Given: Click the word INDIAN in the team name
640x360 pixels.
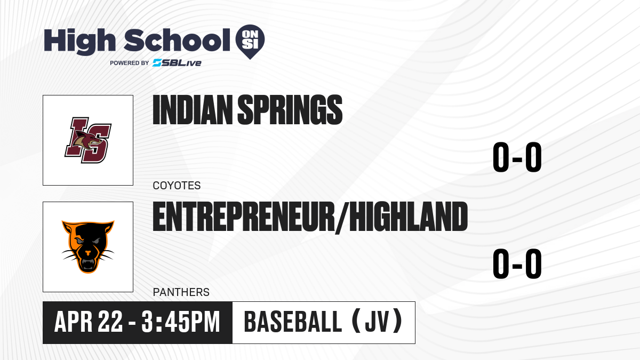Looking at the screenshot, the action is coord(193,109).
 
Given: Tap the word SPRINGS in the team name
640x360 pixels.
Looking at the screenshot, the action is coord(290,109).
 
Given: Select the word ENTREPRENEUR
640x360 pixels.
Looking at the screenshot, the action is coord(244,217).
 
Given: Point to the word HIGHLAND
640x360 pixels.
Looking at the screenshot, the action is coord(409,217).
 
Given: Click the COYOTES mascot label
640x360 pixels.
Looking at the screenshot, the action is coord(177,186).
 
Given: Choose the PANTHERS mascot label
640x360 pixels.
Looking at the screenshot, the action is coord(181,292).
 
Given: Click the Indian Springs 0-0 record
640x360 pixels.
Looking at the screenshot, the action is coord(517,157).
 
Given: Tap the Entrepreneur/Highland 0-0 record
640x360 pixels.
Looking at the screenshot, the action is coord(517,263).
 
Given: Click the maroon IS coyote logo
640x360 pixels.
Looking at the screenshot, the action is coord(88,140).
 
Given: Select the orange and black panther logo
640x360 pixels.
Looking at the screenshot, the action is coord(88,247).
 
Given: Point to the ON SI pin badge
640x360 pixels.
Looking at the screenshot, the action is coord(250,42).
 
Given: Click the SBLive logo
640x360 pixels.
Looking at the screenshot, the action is coord(177,63).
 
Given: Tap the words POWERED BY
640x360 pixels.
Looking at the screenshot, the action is coord(130,63).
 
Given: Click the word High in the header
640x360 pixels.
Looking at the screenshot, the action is coord(79,41).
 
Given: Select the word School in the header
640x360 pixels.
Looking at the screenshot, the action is coord(177,40).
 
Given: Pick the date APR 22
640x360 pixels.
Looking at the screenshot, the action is coord(89,322).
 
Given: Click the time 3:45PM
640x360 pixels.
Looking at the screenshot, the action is coord(181,322).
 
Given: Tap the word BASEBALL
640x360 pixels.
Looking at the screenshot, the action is coord(293,322).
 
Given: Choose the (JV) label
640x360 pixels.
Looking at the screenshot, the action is coord(378,322).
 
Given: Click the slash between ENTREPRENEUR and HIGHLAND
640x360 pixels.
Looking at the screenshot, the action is coord(342,218).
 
